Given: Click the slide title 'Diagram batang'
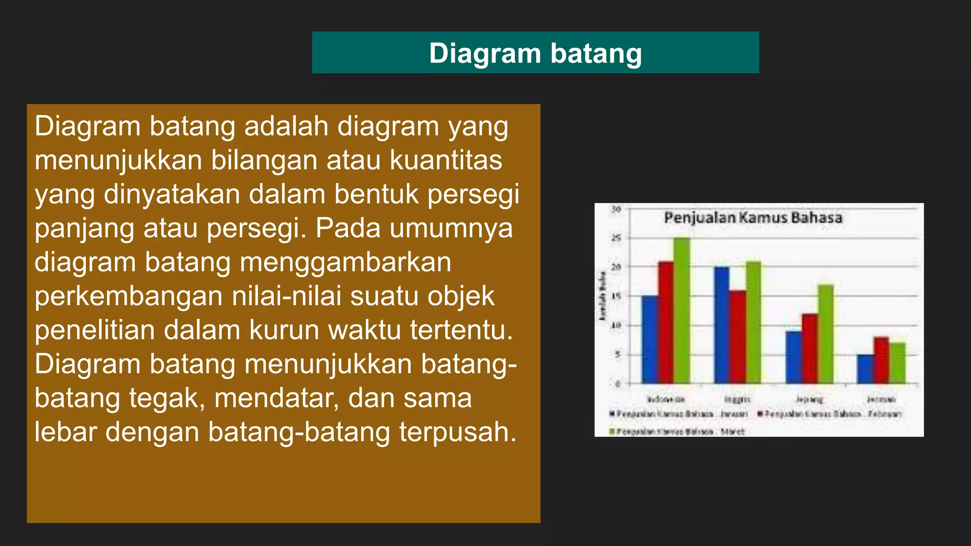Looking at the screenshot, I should click(535, 53).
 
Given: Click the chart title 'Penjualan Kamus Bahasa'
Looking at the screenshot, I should click(753, 218).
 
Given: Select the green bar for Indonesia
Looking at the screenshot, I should click(682, 310).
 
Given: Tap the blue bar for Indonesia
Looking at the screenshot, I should click(650, 339).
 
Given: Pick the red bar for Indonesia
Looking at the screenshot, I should click(666, 322).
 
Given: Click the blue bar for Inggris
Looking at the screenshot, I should click(722, 325).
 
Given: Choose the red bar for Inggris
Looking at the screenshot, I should click(738, 337).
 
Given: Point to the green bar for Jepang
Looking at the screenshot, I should click(825, 334).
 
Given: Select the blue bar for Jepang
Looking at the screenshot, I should click(793, 357).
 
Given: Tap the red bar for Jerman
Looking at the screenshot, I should click(881, 360).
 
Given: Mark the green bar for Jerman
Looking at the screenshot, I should click(897, 363).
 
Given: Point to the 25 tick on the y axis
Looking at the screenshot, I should click(616, 238).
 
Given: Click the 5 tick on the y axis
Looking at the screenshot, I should click(617, 355).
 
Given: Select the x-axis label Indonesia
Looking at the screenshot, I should click(666, 400).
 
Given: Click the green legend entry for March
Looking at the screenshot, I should click(678, 432).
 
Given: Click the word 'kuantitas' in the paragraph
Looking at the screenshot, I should click(446, 160).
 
